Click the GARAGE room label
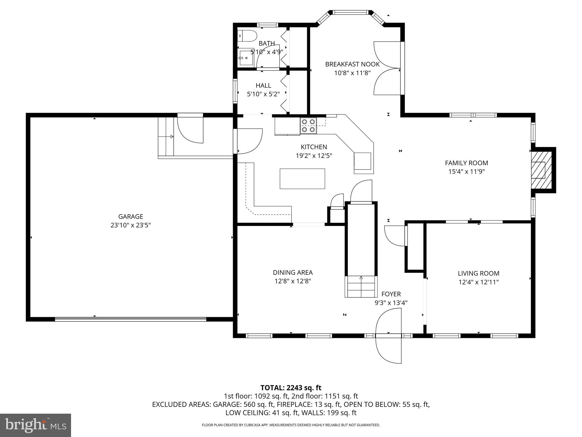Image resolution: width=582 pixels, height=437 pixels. [130, 217]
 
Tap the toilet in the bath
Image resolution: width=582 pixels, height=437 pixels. [248, 36]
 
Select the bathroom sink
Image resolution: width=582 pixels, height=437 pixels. [246, 58]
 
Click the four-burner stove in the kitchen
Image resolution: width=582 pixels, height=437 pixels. [308, 125]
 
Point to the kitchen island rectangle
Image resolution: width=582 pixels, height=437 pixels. [302, 179]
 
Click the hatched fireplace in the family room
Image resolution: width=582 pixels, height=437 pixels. [542, 170]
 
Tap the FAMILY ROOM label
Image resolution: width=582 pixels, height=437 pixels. [466, 163]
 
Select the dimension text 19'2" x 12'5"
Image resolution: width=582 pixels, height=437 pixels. [314, 156]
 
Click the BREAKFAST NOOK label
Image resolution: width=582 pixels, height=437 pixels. [352, 64]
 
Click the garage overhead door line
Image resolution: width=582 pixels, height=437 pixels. [130, 319]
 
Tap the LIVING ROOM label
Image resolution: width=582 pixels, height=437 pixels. [479, 273]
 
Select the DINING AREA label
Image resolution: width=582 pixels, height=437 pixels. [293, 273]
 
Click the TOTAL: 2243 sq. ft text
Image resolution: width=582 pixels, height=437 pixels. [291, 388]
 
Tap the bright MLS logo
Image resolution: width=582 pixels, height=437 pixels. [36, 425]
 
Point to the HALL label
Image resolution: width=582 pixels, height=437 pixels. [263, 85]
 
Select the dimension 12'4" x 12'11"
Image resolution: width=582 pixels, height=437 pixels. [479, 282]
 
